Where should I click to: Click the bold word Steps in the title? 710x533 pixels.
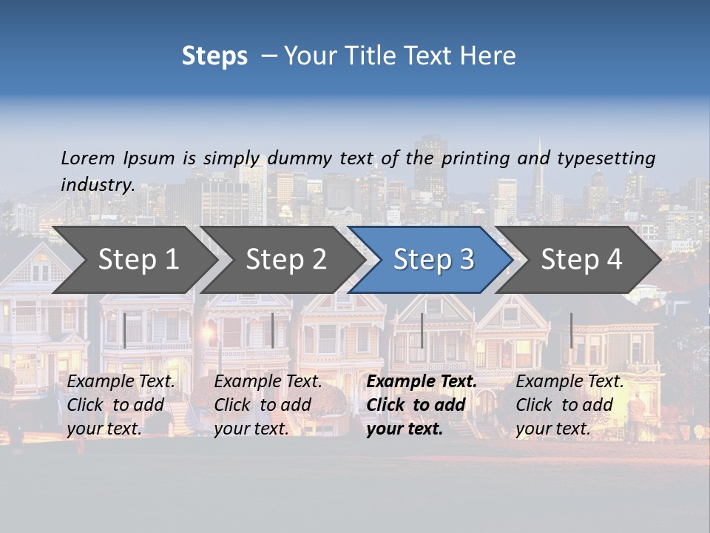214,56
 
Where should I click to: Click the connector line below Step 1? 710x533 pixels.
125,330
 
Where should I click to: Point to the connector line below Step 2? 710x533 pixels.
273,330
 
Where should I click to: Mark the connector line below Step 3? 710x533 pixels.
422,330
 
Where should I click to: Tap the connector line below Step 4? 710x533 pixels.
571,330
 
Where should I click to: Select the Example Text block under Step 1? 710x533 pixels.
121,405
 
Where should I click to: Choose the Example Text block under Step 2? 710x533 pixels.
268,405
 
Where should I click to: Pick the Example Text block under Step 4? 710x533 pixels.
569,405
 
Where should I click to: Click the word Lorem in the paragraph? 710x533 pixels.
88,158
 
